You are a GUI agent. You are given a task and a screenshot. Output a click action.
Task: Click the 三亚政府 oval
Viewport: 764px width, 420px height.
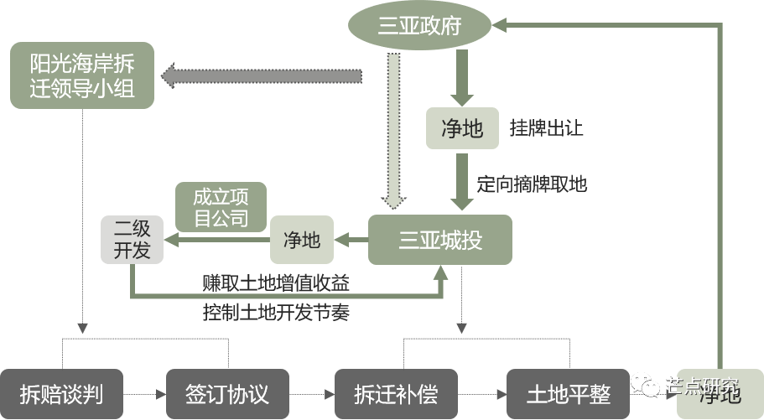tap(419, 26)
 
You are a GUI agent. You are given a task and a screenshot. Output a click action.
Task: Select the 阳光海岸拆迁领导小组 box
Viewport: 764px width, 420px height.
tap(81, 75)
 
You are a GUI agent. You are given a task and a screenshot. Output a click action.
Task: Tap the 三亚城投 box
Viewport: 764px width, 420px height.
tap(440, 241)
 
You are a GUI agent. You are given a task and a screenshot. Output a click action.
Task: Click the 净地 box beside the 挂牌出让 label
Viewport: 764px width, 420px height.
tap(462, 128)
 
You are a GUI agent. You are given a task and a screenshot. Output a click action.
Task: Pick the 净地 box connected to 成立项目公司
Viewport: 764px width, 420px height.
tap(302, 241)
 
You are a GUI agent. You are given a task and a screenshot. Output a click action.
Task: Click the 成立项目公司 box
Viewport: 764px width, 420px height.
tap(221, 207)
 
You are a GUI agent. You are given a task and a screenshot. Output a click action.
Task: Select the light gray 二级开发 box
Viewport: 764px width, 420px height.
tap(132, 238)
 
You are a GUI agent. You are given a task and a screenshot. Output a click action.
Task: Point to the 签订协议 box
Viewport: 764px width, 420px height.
tap(227, 393)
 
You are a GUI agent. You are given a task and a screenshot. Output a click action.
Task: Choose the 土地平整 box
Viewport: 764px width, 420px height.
tap(569, 393)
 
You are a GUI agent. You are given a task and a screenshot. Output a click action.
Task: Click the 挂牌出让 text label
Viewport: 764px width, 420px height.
tap(546, 129)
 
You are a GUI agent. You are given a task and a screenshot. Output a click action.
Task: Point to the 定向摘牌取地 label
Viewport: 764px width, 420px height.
tap(532, 184)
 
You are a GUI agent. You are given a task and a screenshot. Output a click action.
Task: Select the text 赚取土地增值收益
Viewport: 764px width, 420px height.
tap(276, 283)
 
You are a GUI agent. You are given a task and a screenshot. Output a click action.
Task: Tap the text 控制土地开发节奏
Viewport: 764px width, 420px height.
tap(276, 312)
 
